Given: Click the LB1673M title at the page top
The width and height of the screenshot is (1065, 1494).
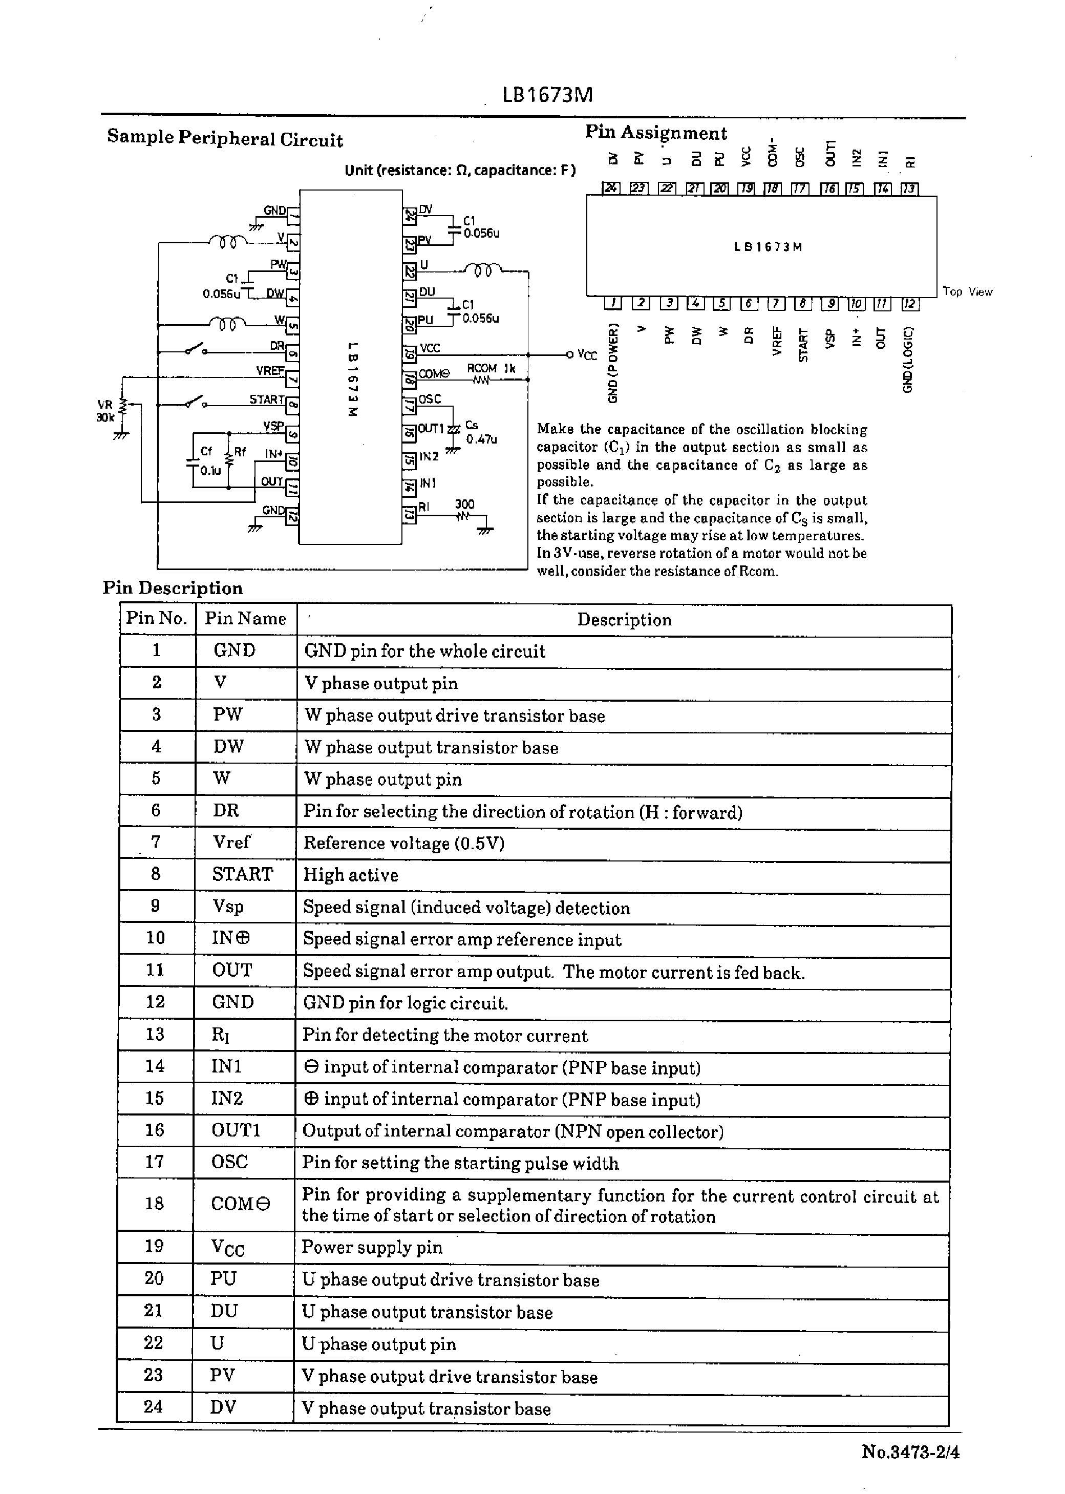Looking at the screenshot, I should (x=547, y=96).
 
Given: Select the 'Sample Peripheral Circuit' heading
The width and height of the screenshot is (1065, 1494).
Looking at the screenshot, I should (x=225, y=138).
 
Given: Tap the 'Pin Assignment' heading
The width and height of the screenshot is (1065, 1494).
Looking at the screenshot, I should (x=656, y=133).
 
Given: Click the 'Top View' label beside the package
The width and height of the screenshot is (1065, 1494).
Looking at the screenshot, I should (x=967, y=291).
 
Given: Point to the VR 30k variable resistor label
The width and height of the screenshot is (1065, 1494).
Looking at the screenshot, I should (x=105, y=411).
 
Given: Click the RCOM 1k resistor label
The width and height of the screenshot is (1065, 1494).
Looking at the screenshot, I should (x=491, y=369).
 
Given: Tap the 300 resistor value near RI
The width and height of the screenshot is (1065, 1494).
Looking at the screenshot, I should (x=464, y=503).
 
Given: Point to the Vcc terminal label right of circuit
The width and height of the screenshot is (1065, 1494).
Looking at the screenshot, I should (x=587, y=355).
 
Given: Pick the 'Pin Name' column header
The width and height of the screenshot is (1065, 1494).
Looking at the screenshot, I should (x=245, y=619).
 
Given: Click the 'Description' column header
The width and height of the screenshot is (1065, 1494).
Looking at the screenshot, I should (x=624, y=620).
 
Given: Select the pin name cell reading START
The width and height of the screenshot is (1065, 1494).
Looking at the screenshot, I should (x=242, y=874).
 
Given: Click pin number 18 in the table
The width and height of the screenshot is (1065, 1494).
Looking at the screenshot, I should (x=154, y=1204).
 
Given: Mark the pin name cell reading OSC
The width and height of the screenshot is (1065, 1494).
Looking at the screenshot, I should (x=229, y=1162).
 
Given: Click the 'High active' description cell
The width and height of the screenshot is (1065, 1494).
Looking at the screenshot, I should (x=350, y=875).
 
